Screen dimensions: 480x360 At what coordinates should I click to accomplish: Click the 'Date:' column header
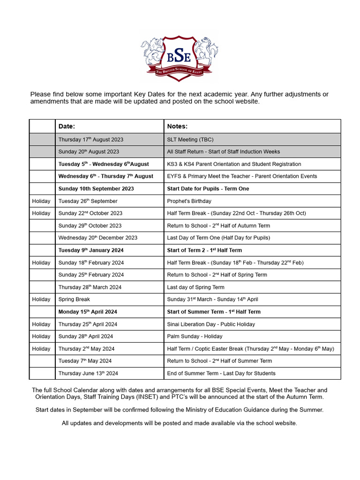[67, 127]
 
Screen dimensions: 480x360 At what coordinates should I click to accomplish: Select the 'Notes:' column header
[177, 127]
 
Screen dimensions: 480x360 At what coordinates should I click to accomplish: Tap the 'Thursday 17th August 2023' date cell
[91, 140]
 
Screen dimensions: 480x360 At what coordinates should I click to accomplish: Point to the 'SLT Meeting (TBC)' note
[190, 140]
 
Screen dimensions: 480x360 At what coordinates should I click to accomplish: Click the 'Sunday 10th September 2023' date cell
[96, 189]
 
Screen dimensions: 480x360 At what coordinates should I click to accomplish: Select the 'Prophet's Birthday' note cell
[189, 201]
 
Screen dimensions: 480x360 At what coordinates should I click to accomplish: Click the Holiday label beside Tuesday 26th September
[41, 201]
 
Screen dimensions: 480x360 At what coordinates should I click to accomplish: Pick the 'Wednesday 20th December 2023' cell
[97, 238]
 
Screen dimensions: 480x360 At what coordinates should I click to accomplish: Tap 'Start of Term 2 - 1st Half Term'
[204, 250]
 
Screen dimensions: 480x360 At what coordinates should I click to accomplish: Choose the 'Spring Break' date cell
[74, 300]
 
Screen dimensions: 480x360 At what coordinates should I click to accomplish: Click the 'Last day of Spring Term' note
[195, 287]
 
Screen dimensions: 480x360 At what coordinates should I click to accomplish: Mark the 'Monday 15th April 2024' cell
[88, 312]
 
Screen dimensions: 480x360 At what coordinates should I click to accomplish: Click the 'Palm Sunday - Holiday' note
[195, 337]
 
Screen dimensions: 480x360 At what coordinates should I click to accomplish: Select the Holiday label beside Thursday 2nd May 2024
[41, 349]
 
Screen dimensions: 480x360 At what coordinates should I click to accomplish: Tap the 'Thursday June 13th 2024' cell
[88, 374]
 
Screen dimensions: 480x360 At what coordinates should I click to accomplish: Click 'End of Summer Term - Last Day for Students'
[221, 374]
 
